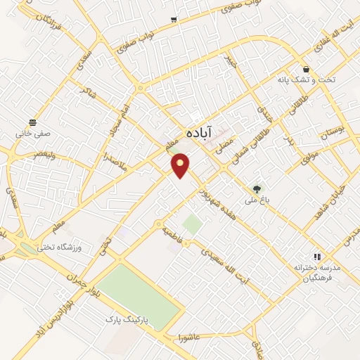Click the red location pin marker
coord(181,165)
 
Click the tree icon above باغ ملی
coord(257,188)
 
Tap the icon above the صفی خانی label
coord(32,122)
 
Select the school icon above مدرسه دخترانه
coord(317,257)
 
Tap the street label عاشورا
coord(191,330)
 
